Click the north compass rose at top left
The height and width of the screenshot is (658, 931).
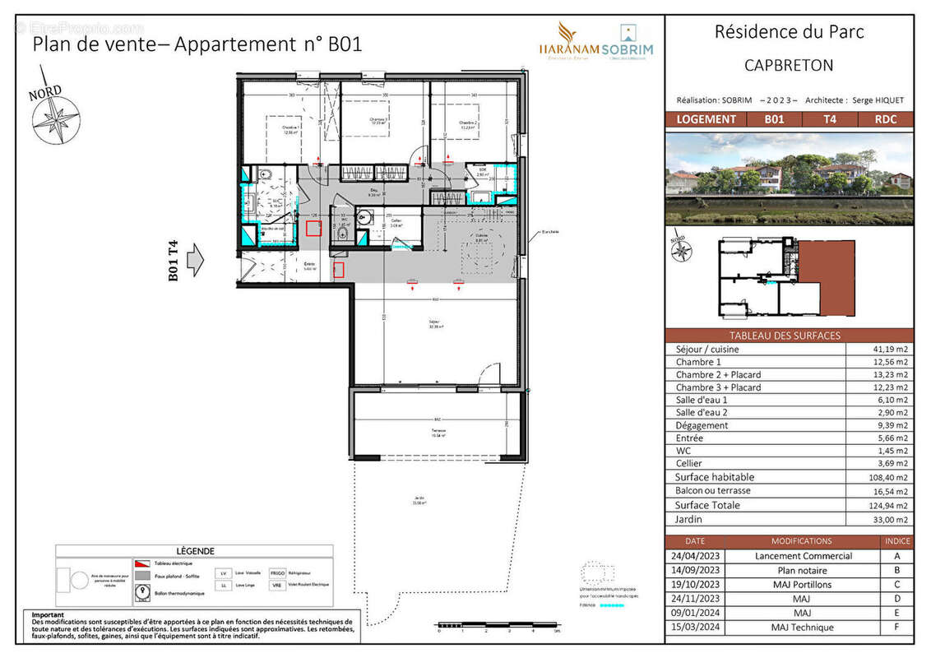tap(56, 118)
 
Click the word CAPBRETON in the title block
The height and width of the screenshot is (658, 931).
tap(789, 65)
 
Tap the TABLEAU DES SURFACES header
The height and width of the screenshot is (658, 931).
tap(785, 336)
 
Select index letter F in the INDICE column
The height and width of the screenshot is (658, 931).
tap(896, 628)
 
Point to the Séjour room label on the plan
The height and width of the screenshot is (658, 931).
tap(434, 322)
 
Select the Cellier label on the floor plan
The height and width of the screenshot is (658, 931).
tap(396, 220)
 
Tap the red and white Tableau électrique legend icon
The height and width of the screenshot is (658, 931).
tap(142, 563)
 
